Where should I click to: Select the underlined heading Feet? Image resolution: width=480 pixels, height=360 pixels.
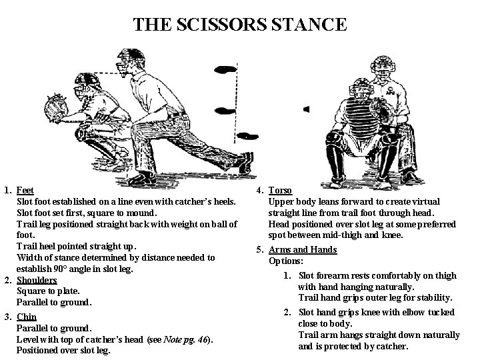[25, 190]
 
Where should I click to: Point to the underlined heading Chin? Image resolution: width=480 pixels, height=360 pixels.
[26, 317]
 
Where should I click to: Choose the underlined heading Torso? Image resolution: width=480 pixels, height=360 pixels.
[279, 190]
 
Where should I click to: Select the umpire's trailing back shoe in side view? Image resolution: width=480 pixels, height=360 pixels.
[246, 161]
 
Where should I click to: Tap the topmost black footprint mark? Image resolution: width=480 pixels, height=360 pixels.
[226, 69]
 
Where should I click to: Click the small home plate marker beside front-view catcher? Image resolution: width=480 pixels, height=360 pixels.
[306, 108]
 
